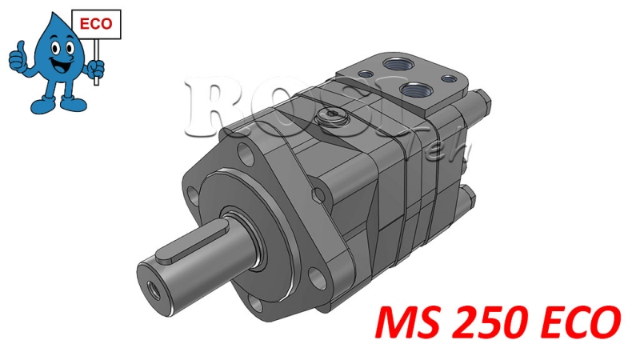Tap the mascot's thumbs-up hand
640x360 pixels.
(x=18, y=58)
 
